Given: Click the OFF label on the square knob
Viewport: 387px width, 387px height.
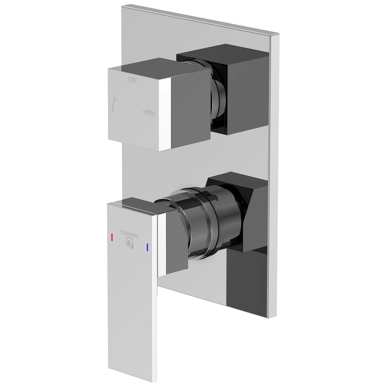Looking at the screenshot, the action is click(x=133, y=80).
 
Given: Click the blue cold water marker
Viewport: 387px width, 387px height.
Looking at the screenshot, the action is click(x=147, y=247).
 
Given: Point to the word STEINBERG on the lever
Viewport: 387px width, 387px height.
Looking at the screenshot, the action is click(x=130, y=234).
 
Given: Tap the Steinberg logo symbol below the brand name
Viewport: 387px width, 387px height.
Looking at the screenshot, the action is click(x=130, y=244).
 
